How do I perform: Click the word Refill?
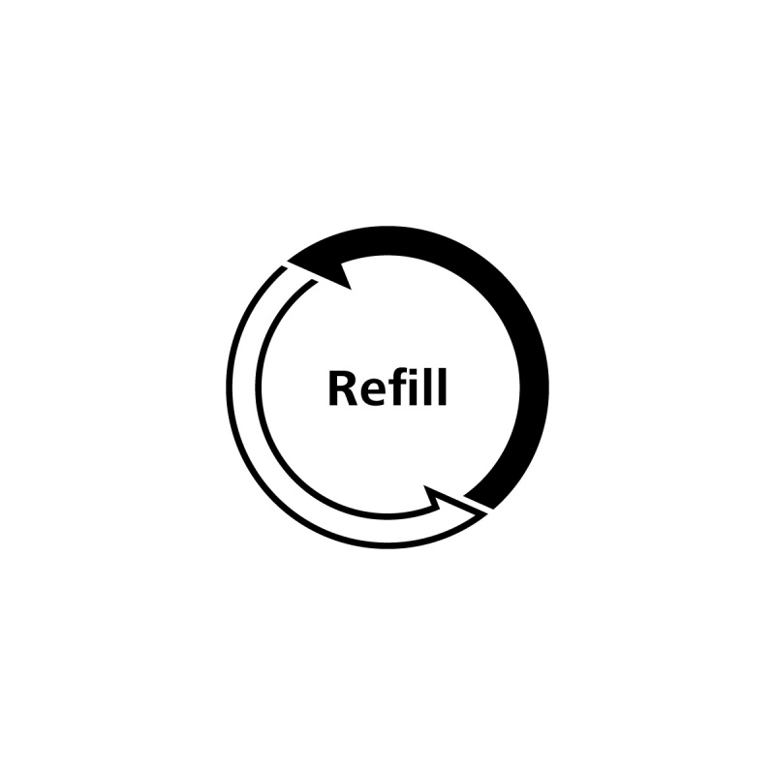click(387, 387)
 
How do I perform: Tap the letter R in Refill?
click(343, 388)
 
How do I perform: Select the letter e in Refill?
click(374, 392)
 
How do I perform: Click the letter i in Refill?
click(418, 387)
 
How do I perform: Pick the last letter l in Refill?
click(443, 387)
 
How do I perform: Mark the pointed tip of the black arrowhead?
click(288, 260)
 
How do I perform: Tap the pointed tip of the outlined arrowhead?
click(487, 513)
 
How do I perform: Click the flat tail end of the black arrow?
click(479, 501)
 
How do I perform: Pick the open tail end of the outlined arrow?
click(299, 273)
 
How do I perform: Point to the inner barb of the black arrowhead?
click(351, 289)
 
